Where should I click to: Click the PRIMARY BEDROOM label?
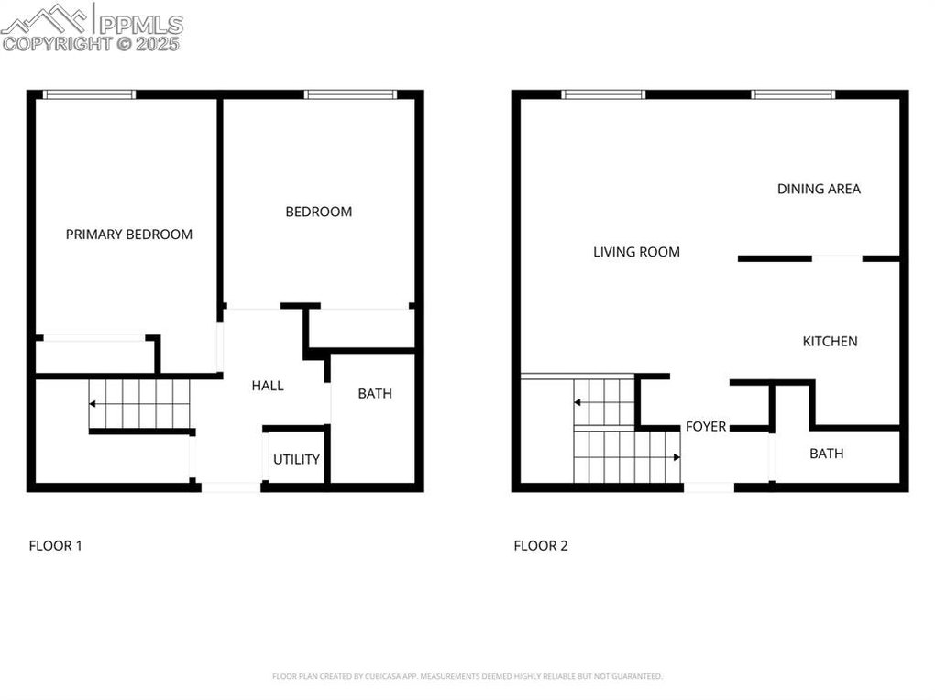[x=129, y=235]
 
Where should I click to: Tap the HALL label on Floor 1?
[x=267, y=386]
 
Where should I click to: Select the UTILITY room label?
[x=296, y=459]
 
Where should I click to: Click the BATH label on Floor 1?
[x=375, y=394]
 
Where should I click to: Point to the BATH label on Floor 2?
[x=827, y=454]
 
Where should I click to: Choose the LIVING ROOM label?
[x=636, y=252]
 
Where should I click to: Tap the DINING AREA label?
[x=819, y=189]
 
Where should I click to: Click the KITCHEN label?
[x=830, y=342]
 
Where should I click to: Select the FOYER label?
[x=706, y=426]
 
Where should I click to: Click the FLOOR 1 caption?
[x=55, y=545]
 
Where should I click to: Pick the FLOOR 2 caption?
[x=541, y=545]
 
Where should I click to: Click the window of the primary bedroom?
[x=90, y=94]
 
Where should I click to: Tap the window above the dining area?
[x=793, y=94]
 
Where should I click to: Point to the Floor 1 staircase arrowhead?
[x=93, y=404]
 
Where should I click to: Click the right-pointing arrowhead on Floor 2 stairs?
[x=676, y=457]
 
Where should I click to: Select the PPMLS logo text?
[x=140, y=24]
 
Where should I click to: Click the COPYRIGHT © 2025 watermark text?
[x=91, y=44]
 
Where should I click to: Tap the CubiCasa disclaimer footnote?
[x=467, y=676]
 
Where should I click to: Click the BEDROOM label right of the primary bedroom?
[x=318, y=212]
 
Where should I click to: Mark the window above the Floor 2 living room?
[x=603, y=94]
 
